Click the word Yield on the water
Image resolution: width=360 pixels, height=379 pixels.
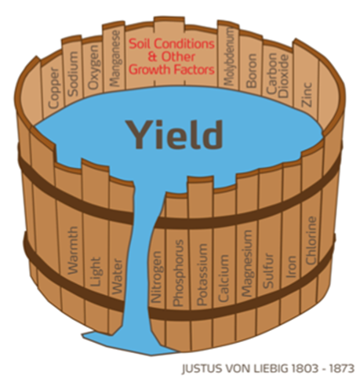[174, 134]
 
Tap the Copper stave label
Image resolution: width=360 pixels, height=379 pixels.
[53, 88]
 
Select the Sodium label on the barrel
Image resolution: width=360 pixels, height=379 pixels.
[73, 74]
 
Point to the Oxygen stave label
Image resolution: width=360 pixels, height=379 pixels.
[93, 67]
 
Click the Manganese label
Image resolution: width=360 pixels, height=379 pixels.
[115, 58]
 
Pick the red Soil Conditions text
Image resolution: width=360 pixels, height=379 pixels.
[172, 44]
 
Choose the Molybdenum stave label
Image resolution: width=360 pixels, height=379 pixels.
[228, 56]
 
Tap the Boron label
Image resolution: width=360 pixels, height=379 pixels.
[251, 71]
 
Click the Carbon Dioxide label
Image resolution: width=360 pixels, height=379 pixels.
[278, 75]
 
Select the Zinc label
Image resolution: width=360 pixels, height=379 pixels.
[307, 94]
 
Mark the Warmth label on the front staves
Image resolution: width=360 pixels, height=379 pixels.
[73, 250]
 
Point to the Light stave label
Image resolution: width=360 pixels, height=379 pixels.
[95, 271]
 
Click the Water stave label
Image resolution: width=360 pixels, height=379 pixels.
[117, 277]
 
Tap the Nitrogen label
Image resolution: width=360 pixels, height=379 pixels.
[157, 277]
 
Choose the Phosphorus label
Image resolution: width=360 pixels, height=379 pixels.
[178, 273]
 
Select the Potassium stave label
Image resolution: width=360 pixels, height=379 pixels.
[202, 275]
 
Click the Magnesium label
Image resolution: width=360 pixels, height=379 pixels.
[246, 263]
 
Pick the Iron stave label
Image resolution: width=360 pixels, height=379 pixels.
[291, 267]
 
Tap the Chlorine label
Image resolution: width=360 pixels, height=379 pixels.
[311, 240]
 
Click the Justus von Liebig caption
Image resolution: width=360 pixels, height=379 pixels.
[268, 369]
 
